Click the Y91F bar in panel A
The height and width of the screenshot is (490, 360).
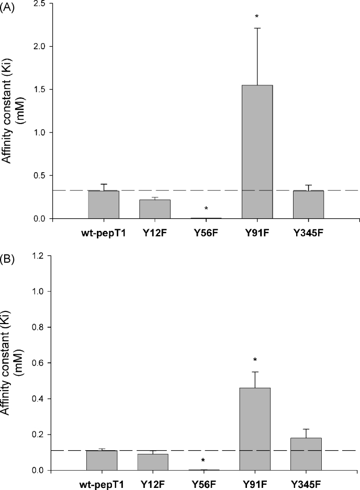coord(257,152)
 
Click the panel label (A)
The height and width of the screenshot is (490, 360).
coord(7,9)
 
